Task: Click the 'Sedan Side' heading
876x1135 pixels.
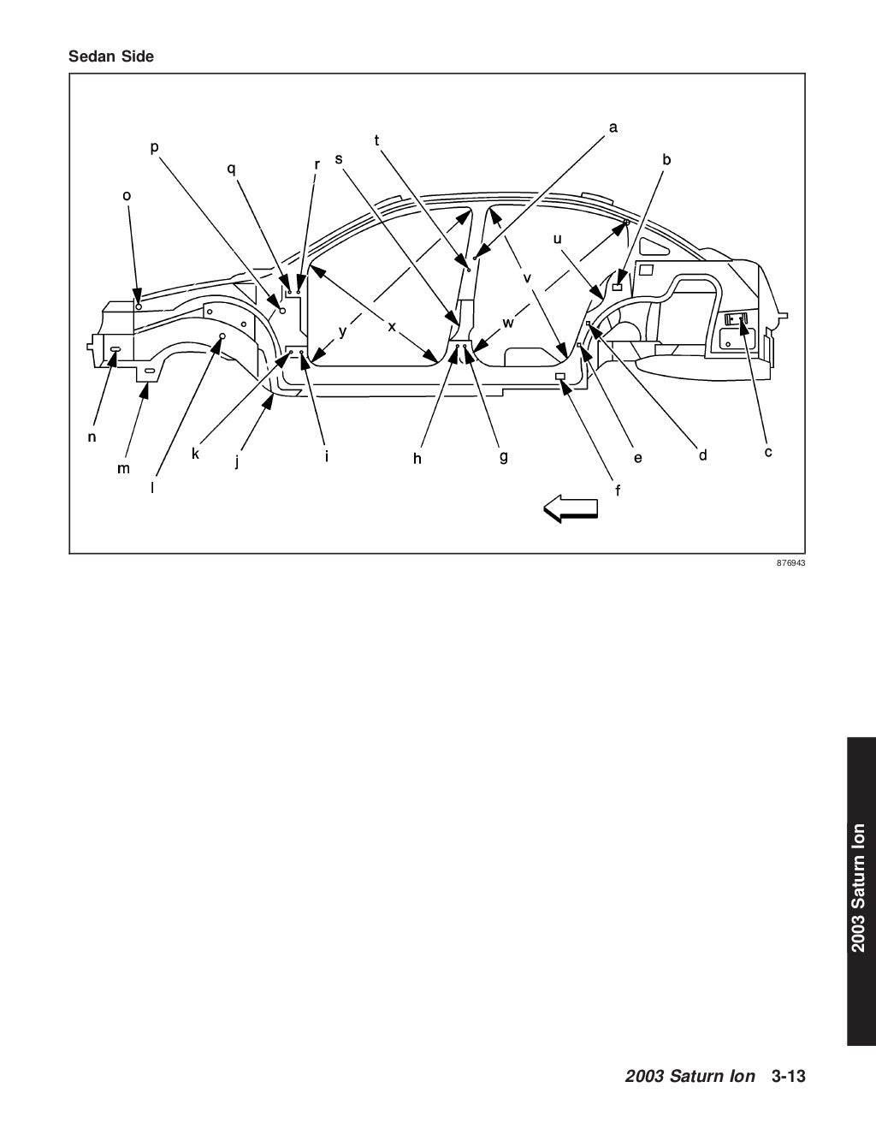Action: click(x=111, y=57)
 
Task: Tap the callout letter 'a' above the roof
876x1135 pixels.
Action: click(x=613, y=128)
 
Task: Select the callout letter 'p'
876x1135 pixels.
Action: click(x=154, y=148)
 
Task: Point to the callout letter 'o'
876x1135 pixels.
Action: click(x=127, y=195)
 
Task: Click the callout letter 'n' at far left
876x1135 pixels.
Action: click(x=92, y=437)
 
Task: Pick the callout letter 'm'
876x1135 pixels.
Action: click(x=124, y=468)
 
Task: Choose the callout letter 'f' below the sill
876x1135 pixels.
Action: click(x=618, y=490)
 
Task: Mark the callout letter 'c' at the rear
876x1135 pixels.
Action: click(x=767, y=451)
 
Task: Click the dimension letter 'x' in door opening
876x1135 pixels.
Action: click(x=392, y=326)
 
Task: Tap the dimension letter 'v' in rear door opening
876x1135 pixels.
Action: click(x=527, y=278)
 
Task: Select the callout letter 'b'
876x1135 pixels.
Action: click(x=666, y=159)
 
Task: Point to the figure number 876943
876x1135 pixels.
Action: click(x=791, y=564)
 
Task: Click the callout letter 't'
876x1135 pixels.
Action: click(x=377, y=140)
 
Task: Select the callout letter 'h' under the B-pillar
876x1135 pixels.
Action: click(x=417, y=459)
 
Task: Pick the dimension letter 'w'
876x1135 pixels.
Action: click(x=508, y=323)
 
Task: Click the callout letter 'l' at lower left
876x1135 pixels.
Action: click(x=152, y=486)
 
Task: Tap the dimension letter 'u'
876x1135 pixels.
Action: click(x=557, y=239)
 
